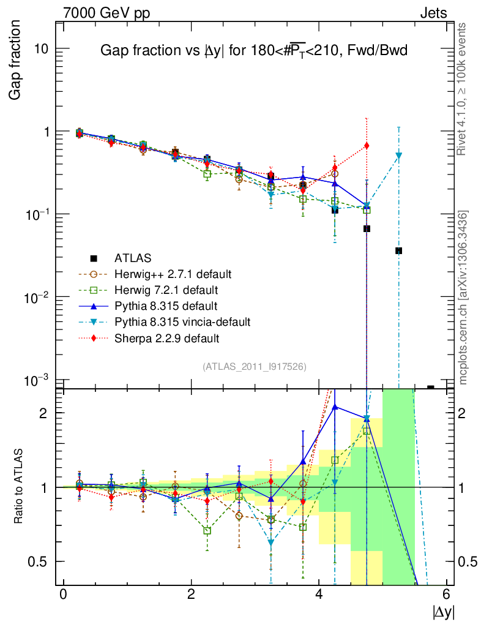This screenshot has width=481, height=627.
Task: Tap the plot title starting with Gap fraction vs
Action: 253,52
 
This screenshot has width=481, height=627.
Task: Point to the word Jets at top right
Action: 433,13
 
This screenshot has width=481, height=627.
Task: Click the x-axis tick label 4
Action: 319,594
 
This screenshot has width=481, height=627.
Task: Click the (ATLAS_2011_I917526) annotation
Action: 254,366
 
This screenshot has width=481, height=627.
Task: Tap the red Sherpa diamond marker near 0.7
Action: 367,145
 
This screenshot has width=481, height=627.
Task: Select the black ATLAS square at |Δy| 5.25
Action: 398,250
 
